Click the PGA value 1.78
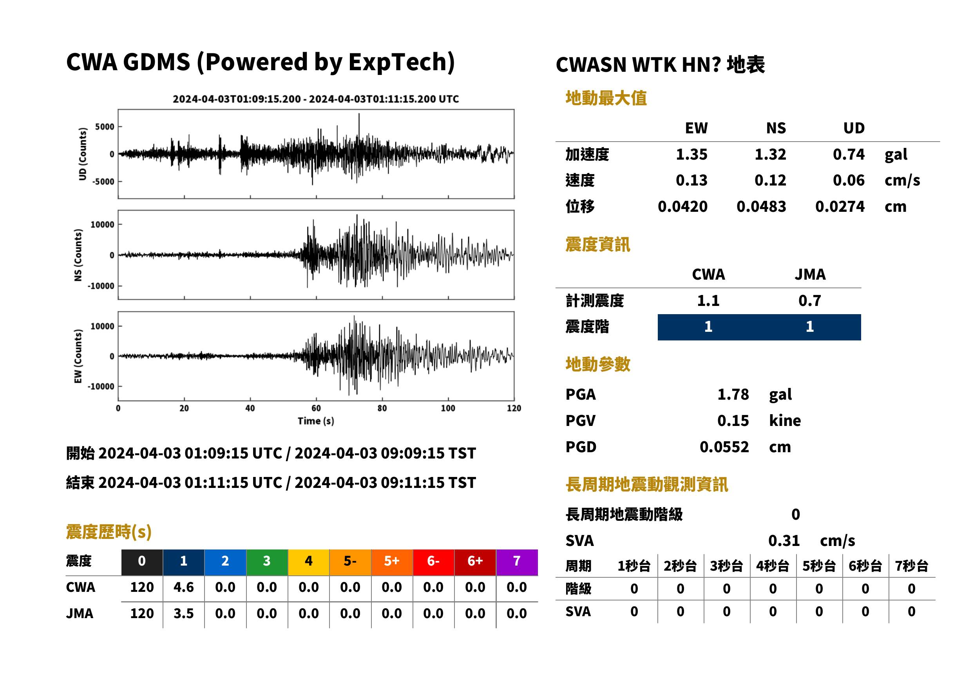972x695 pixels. tap(733, 394)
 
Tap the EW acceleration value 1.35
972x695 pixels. tap(691, 154)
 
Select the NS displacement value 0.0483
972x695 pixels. tap(761, 206)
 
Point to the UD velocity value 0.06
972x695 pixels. tap(849, 180)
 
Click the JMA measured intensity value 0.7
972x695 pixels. tap(809, 300)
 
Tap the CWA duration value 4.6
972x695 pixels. tap(183, 587)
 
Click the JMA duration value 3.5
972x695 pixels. tap(183, 613)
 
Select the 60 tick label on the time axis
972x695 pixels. tap(316, 408)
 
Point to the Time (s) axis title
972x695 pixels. tap(316, 421)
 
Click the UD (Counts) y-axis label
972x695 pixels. tap(83, 154)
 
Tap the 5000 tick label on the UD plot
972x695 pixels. tap(105, 127)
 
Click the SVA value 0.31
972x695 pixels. tap(784, 540)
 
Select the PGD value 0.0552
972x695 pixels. tap(724, 447)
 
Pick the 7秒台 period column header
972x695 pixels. tap(911, 566)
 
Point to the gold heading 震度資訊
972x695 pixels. tap(597, 244)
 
